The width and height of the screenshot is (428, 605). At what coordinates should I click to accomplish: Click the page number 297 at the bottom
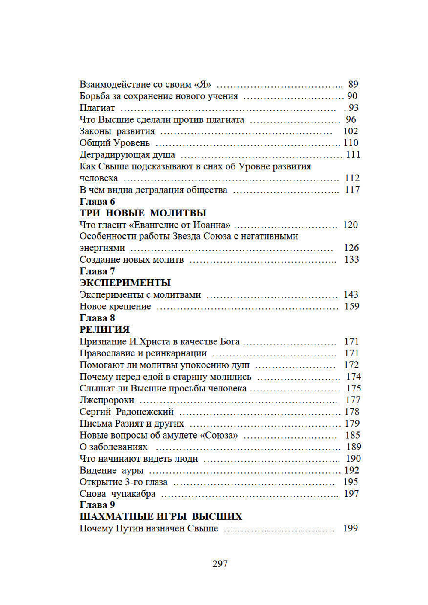[x=220, y=563]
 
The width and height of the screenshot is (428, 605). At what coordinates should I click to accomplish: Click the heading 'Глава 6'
[x=97, y=202]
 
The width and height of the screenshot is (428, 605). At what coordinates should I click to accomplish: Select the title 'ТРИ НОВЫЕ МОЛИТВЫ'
[x=143, y=213]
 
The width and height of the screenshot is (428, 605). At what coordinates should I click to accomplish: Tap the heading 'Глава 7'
[x=97, y=271]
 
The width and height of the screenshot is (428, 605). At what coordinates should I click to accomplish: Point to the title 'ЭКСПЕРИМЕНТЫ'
[x=125, y=283]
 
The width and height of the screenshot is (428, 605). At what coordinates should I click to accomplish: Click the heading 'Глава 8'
[x=97, y=318]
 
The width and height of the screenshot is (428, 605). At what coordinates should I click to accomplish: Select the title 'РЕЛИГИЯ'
[x=104, y=329]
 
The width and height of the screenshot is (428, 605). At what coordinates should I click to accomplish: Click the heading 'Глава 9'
[x=97, y=505]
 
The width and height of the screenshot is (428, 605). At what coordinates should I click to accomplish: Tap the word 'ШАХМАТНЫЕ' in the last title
[x=110, y=516]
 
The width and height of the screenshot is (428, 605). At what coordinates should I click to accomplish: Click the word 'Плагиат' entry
[x=97, y=108]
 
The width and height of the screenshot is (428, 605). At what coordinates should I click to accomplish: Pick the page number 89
[x=353, y=84]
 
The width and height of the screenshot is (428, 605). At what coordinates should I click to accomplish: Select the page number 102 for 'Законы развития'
[x=351, y=131]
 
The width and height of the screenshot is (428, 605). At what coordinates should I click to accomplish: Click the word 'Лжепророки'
[x=107, y=400]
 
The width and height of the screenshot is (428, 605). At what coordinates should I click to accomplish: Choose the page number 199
[x=350, y=528]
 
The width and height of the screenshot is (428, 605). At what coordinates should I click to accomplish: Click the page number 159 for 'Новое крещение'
[x=351, y=306]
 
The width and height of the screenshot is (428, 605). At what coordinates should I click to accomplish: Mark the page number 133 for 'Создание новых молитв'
[x=351, y=260]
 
